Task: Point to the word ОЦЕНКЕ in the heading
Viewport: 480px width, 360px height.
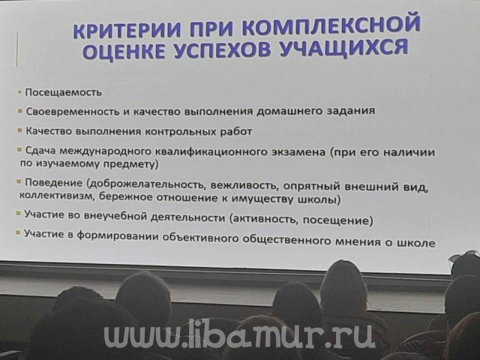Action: pos(125,51)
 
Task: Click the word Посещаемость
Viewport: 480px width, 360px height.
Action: pos(64,92)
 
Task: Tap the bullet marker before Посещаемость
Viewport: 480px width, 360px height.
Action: pos(20,92)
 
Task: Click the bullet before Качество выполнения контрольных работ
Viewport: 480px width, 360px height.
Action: pos(20,130)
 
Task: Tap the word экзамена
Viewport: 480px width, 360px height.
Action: pos(298,152)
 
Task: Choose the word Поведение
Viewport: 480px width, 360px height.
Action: pos(53,183)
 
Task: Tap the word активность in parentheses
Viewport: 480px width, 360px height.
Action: pos(264,219)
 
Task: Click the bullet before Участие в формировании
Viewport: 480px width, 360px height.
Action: pos(18,233)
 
